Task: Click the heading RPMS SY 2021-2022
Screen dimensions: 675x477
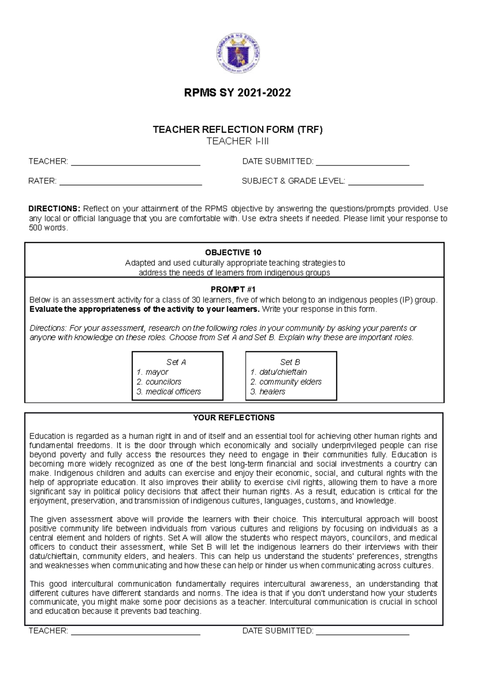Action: [237, 93]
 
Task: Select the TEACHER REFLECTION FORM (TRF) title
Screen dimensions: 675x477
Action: [238, 130]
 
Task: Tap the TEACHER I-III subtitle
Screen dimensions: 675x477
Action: [238, 141]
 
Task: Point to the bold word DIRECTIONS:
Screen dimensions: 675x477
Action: [54, 209]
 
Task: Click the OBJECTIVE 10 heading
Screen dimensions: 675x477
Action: [233, 252]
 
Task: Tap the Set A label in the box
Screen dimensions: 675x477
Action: [176, 362]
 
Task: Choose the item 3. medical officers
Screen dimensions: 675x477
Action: [169, 392]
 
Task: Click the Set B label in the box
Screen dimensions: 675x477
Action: [290, 362]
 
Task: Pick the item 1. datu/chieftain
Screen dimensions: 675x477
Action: [278, 372]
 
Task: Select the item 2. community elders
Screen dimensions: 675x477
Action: [286, 382]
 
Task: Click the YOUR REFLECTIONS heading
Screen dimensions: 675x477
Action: [234, 418]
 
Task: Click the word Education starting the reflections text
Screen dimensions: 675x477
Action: [46, 436]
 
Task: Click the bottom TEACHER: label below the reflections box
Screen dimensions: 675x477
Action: [48, 631]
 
